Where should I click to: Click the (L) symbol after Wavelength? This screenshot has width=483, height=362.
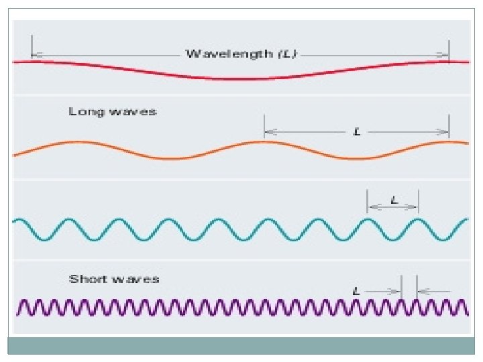click(287, 54)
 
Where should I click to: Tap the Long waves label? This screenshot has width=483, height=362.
click(113, 111)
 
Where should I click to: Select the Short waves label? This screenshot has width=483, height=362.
click(114, 278)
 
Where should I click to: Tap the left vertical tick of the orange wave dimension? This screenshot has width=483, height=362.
click(264, 126)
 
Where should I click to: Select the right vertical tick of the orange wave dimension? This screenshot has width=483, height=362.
click(449, 126)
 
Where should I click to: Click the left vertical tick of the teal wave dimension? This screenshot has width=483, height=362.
click(367, 200)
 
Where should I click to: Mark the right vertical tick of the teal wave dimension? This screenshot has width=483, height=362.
click(418, 200)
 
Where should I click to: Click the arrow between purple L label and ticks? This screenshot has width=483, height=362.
click(384, 291)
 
